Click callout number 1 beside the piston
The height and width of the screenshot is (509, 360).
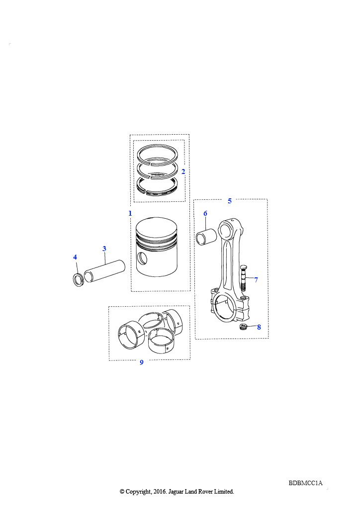click(130, 213)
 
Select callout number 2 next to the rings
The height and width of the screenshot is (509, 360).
click(183, 171)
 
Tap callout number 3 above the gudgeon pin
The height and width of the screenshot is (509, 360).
click(104, 249)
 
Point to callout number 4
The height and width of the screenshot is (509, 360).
click(75, 257)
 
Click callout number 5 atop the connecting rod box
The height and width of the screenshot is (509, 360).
click(230, 201)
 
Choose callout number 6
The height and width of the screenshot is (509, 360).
click(205, 213)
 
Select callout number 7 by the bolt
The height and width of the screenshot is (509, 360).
click(256, 280)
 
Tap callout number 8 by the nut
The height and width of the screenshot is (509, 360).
click(259, 327)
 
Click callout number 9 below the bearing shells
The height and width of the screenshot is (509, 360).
click(142, 362)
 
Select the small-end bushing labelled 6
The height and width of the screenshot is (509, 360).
click(206, 237)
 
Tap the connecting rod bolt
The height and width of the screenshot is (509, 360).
click(244, 278)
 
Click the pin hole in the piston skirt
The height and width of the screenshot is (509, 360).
click(142, 258)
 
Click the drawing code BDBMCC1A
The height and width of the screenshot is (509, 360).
click(305, 483)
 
